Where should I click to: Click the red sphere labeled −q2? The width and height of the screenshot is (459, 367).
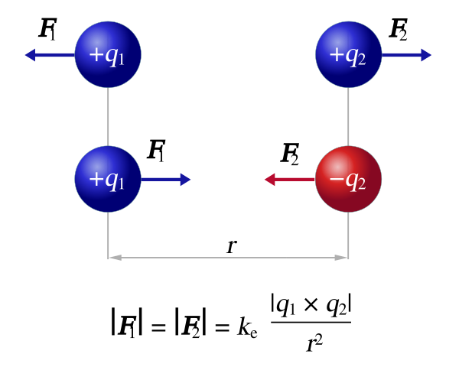click(x=348, y=179)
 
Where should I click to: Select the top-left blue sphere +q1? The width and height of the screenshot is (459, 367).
click(x=108, y=54)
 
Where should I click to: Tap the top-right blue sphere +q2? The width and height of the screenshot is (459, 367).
click(x=348, y=54)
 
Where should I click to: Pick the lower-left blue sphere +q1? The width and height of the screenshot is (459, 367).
click(x=108, y=179)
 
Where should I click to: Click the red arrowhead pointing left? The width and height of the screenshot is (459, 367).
click(x=269, y=180)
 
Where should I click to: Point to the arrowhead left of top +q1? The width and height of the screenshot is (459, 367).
click(x=31, y=55)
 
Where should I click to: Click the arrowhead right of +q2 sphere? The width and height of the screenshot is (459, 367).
click(x=426, y=55)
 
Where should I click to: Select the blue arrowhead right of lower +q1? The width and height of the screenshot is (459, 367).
click(x=186, y=180)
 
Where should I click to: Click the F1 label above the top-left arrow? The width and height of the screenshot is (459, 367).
click(x=47, y=29)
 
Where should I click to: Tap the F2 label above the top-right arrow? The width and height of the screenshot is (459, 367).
click(x=398, y=29)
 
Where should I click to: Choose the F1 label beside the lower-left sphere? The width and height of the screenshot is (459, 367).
click(x=156, y=151)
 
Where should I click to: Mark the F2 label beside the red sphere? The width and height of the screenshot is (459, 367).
click(x=290, y=154)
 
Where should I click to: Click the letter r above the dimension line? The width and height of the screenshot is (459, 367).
click(x=232, y=246)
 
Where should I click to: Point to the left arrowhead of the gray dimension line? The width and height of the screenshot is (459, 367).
click(x=115, y=258)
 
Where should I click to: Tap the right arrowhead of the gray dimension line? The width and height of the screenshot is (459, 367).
click(x=341, y=258)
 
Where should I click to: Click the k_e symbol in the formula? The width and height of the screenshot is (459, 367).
click(x=247, y=327)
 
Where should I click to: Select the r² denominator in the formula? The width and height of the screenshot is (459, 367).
click(x=314, y=343)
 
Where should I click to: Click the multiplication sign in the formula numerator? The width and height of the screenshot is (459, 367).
click(x=311, y=305)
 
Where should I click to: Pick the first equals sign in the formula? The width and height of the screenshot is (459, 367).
click(x=158, y=327)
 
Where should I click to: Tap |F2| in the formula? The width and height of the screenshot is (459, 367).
click(x=190, y=324)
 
